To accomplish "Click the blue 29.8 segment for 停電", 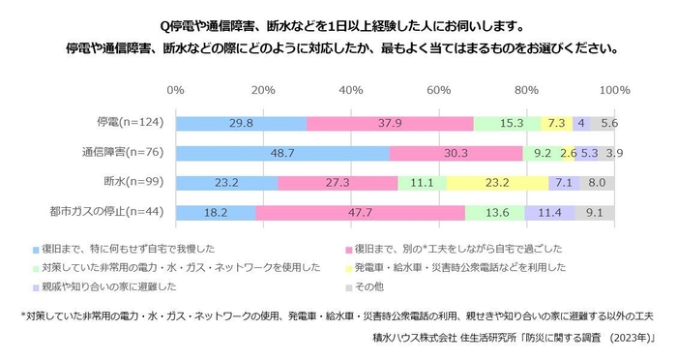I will pos(241,123).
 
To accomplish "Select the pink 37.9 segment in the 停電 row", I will pos(390,123).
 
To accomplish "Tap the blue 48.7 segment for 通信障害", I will pos(282,153).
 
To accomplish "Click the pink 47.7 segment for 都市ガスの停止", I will pos(360,213).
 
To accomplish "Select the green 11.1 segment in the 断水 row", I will pos(422,183).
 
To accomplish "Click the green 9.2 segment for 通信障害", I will pos(542,153).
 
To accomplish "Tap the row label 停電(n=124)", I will pos(130,123).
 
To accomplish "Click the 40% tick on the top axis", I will pos(351,90).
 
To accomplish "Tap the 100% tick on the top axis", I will pos(613,90).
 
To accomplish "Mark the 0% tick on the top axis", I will pos(176,90).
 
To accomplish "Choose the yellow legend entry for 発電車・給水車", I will pos(455,266).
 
